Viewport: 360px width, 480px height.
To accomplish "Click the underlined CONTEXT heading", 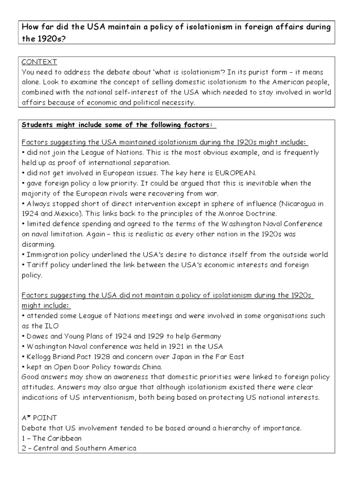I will [39, 62].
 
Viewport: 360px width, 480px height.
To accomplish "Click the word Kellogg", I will [39, 357].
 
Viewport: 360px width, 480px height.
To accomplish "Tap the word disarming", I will [39, 244].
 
